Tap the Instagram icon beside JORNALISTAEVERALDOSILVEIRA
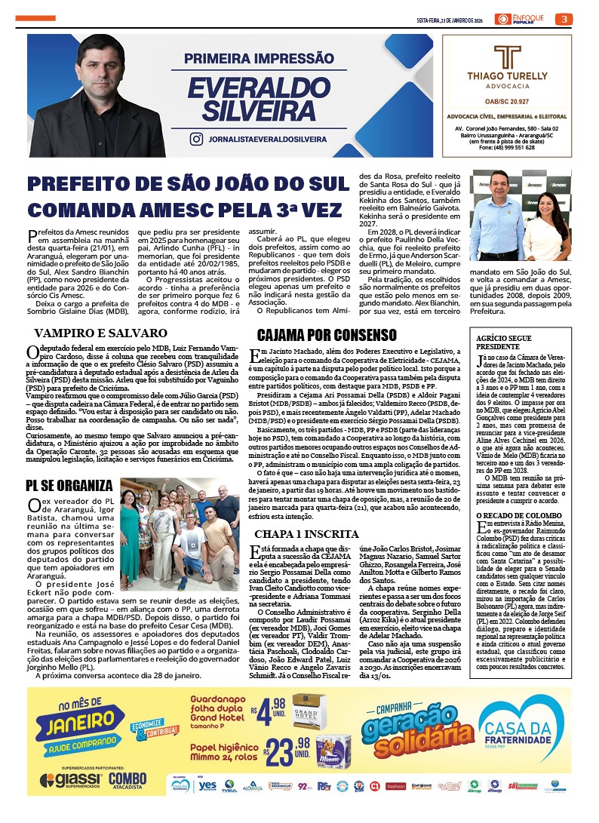tap(196, 139)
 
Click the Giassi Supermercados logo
tap(71, 781)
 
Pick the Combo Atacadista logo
tap(127, 781)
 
